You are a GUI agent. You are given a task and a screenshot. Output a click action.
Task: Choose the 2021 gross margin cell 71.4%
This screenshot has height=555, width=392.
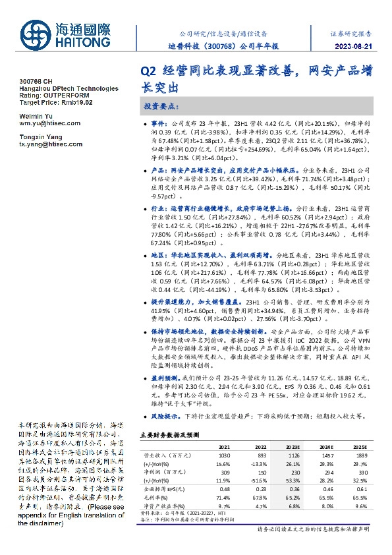point(224,496)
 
